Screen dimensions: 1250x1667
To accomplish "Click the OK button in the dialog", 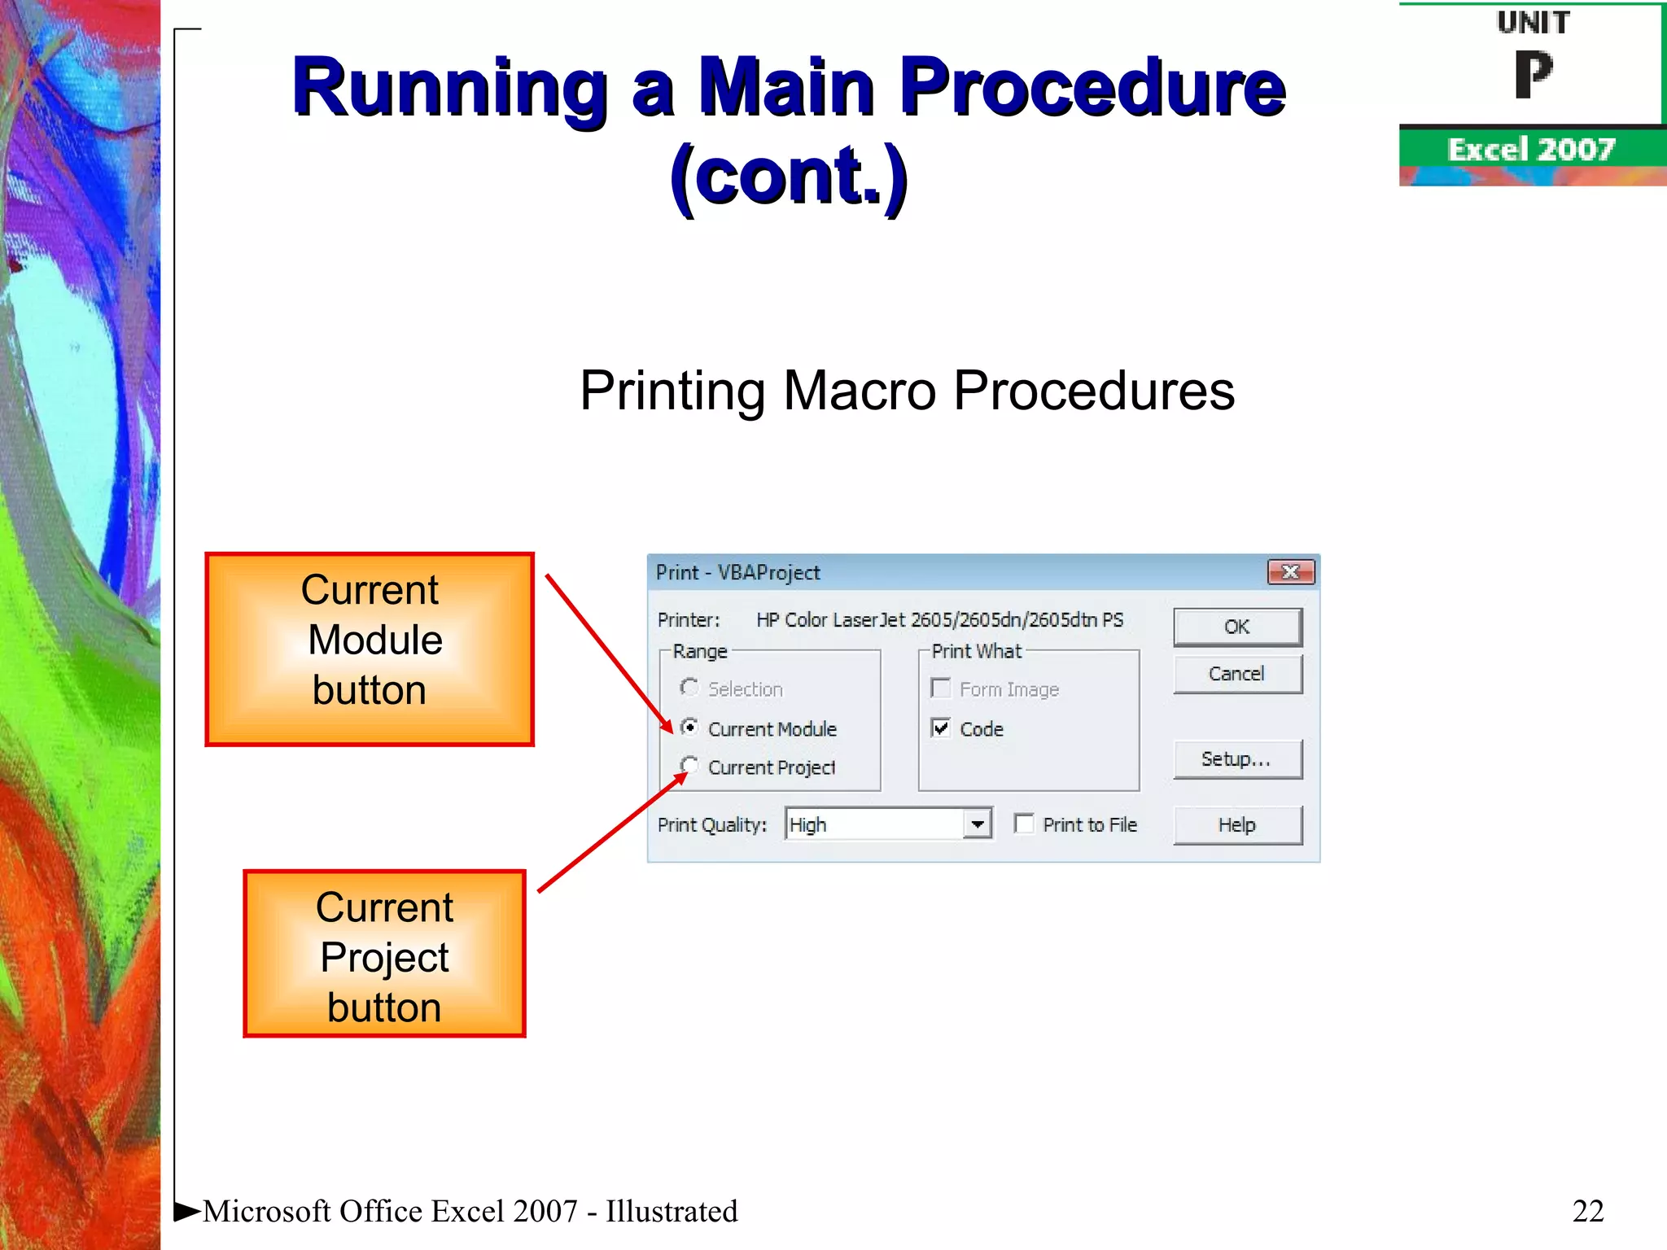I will [x=1236, y=627].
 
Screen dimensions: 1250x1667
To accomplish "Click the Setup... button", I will [x=1236, y=759].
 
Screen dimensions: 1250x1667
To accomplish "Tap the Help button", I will [x=1236, y=825].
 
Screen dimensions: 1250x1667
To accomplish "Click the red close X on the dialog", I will [x=1290, y=572].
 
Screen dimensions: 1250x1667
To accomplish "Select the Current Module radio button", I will [x=689, y=727].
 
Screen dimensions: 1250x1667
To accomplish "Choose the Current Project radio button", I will [x=689, y=766].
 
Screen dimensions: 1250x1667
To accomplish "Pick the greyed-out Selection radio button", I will [x=689, y=688].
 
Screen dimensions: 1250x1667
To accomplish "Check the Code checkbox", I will [x=941, y=728].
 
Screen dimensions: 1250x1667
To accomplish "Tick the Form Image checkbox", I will [x=941, y=688].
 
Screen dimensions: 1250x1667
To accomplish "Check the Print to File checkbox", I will [x=1024, y=824].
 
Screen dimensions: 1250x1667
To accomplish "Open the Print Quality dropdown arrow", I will [x=977, y=824].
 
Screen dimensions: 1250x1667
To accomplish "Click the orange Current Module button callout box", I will [x=370, y=649].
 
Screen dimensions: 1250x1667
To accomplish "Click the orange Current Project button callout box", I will [x=384, y=954].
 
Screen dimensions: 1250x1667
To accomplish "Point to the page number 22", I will [x=1587, y=1211].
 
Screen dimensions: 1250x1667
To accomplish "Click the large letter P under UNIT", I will [x=1533, y=75].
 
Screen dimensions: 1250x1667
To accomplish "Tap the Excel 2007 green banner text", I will [x=1530, y=150].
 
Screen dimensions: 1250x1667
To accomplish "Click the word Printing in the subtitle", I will [x=672, y=391].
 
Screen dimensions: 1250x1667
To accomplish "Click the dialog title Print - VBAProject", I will [x=737, y=573].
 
